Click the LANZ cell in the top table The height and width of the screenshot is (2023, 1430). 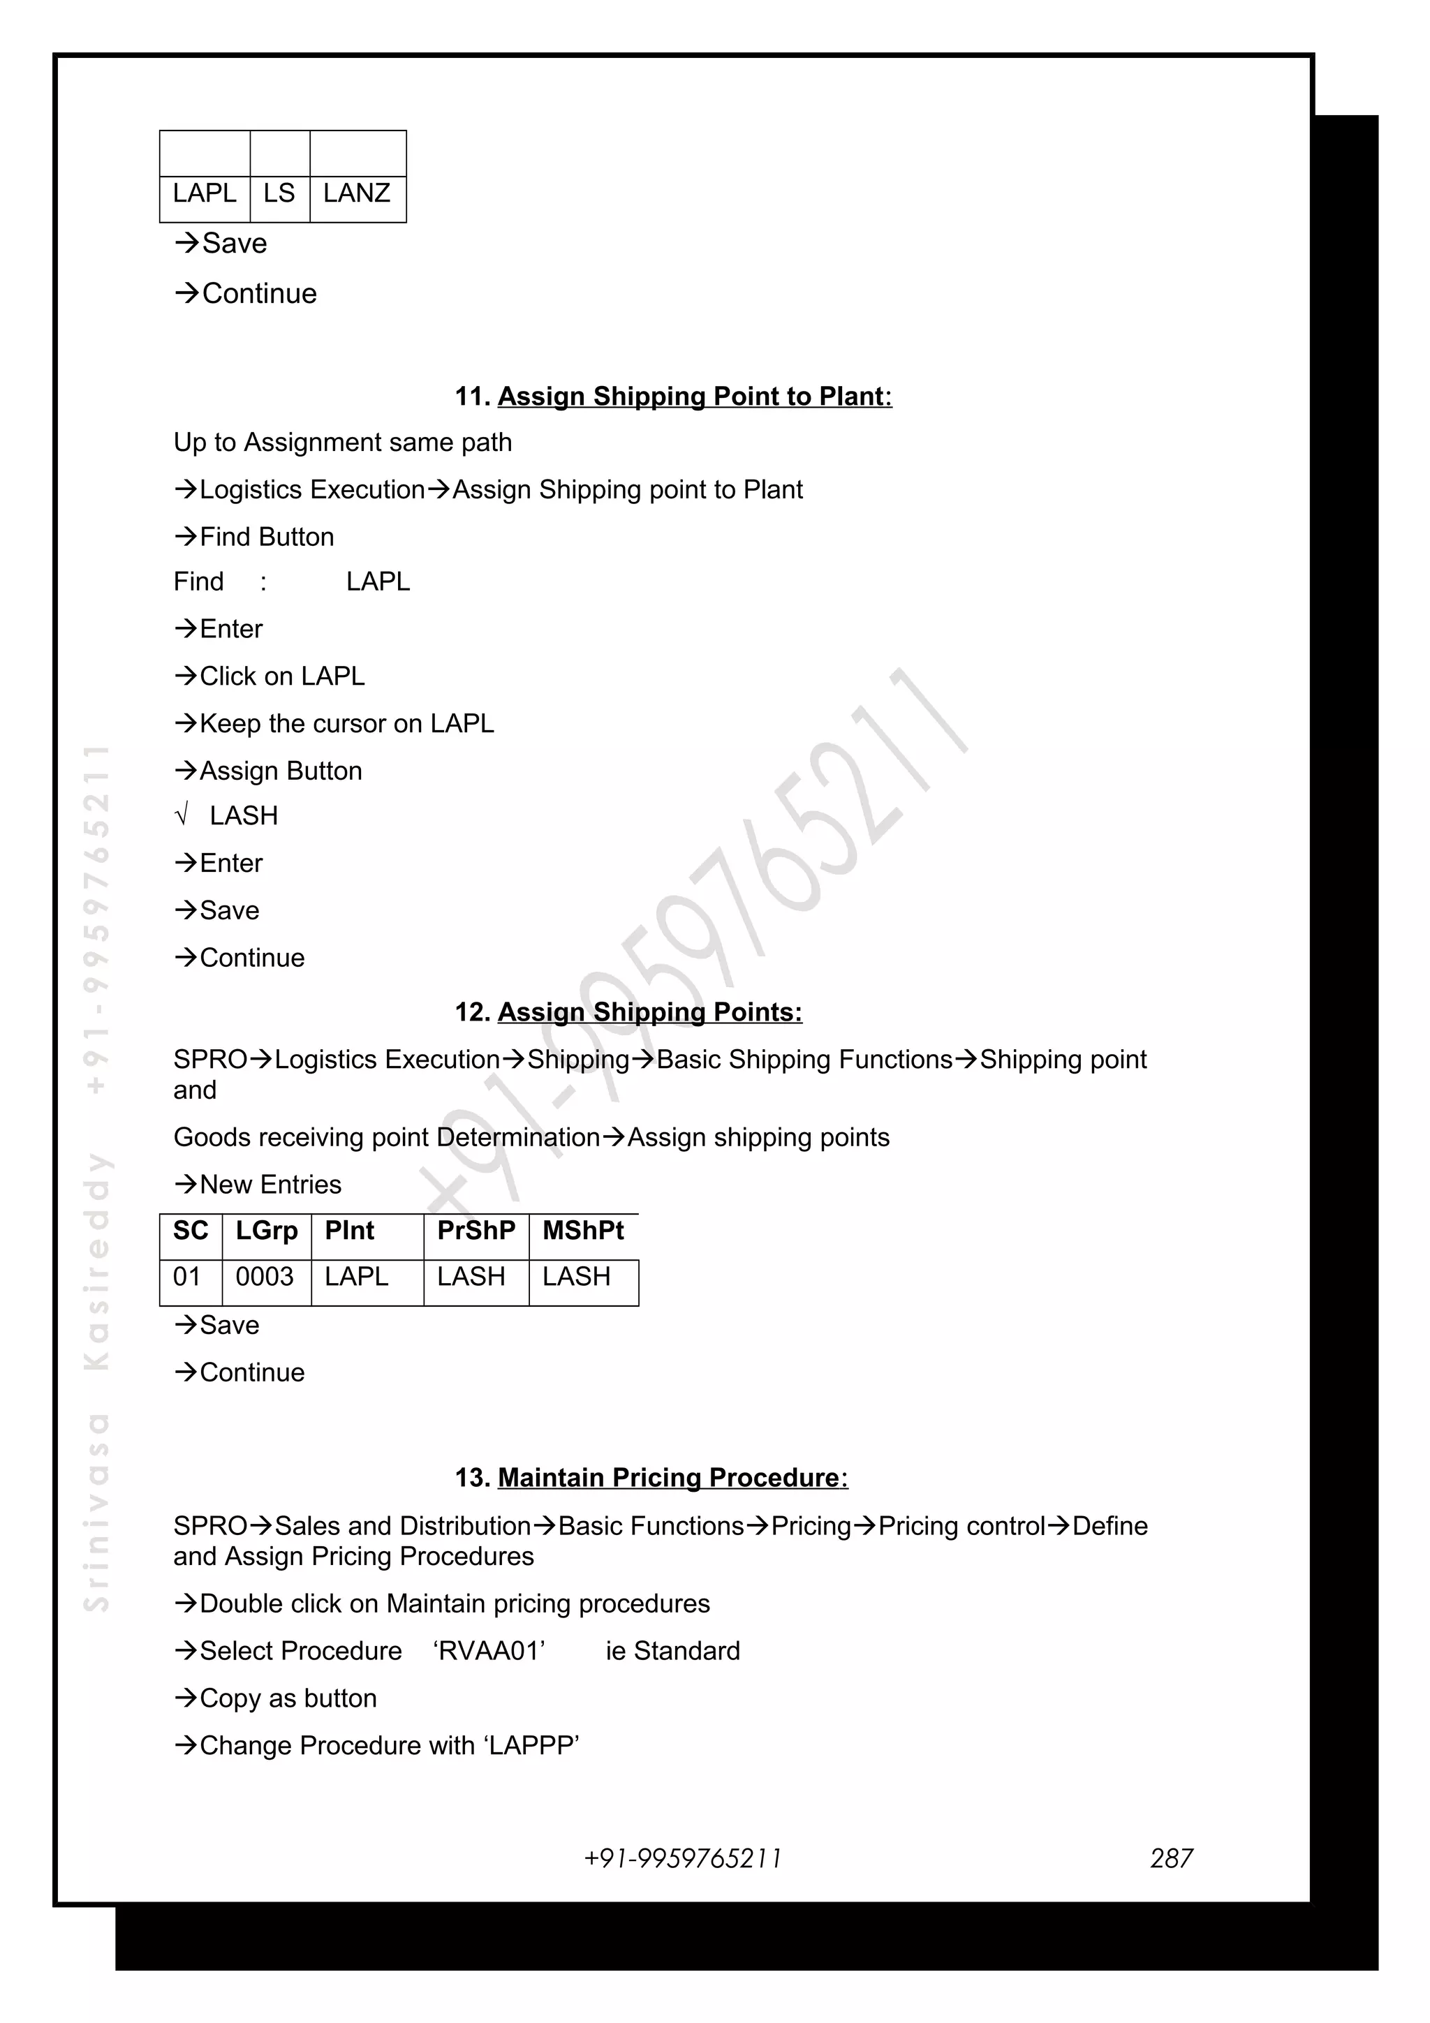coord(357,193)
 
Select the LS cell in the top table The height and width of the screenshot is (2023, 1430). coord(279,193)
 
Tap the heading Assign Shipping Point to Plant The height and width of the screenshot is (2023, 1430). coord(694,397)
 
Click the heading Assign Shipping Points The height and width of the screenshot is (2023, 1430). coord(649,1012)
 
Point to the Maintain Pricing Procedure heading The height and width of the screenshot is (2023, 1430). coord(672,1478)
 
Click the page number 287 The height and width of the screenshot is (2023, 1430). coord(1171,1858)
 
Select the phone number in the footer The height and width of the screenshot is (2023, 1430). coord(683,1858)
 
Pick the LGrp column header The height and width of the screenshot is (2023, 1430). coord(266,1230)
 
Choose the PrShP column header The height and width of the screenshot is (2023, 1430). coord(476,1230)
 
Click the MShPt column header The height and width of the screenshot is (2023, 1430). coord(582,1230)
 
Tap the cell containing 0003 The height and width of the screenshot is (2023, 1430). coord(265,1277)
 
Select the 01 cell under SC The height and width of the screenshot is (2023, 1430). coord(187,1277)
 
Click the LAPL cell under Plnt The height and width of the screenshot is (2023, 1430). coord(356,1277)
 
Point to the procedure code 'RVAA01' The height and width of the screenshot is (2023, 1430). coord(489,1651)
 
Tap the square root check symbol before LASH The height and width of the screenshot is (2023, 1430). coord(182,816)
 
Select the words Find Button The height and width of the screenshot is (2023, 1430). coord(267,538)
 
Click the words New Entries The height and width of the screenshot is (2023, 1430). coord(270,1185)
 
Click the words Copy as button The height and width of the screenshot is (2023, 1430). coord(288,1699)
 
